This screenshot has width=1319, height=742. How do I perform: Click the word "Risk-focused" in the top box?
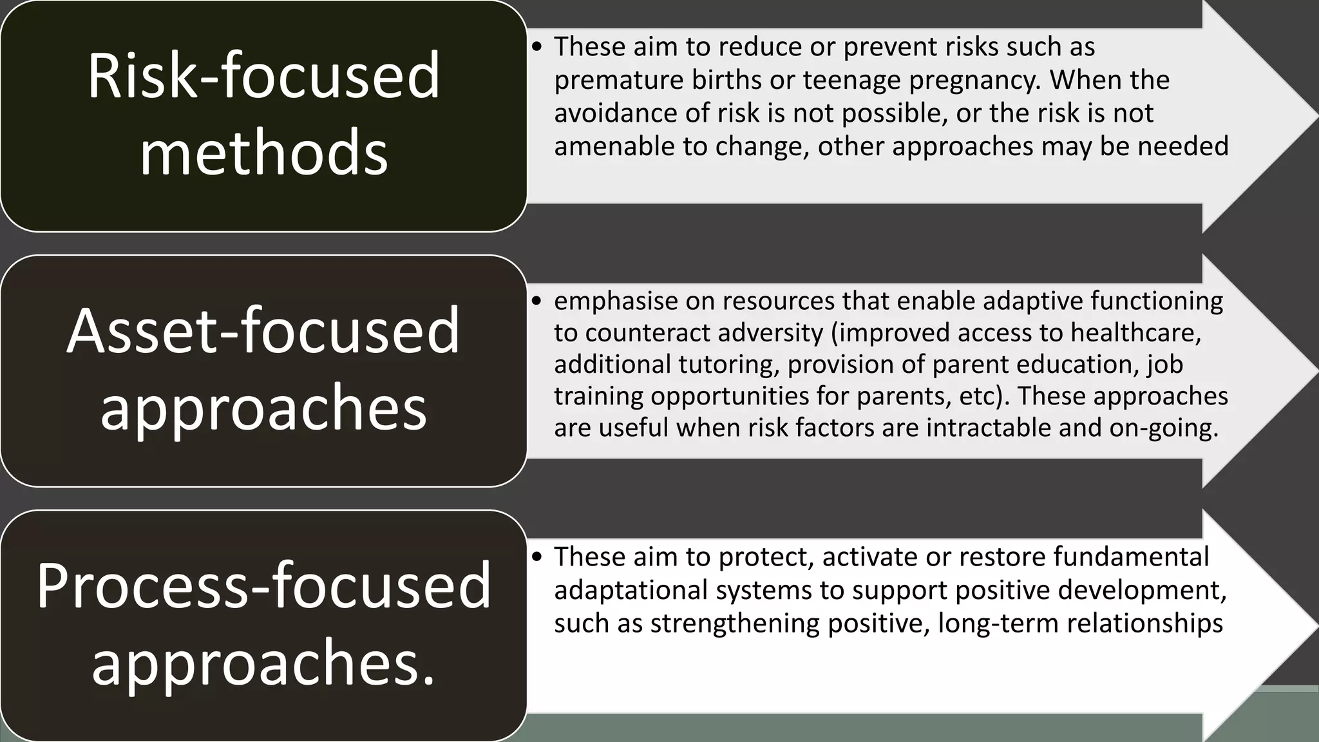pos(263,76)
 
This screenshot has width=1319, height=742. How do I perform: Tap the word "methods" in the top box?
pos(263,153)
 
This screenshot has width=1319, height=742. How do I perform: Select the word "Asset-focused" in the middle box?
pos(263,331)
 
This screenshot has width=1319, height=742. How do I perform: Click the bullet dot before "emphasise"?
pos(538,301)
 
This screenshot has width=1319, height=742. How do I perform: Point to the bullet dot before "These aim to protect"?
pos(538,557)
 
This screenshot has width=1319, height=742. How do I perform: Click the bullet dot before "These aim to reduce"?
pos(538,47)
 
